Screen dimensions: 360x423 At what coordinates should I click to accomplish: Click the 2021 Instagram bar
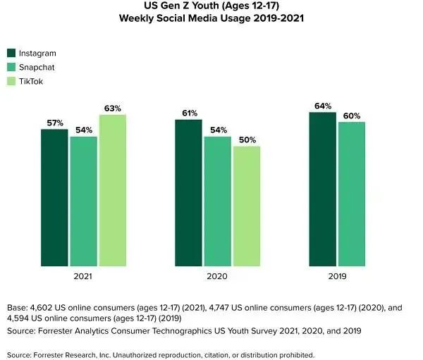coord(54,198)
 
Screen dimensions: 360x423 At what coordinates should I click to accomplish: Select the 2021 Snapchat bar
coord(83,201)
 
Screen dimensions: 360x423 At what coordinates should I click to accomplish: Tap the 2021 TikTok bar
coord(113,190)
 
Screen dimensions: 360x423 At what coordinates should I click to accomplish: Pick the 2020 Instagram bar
coord(189,193)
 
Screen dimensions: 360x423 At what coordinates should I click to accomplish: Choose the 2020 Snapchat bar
coord(218,201)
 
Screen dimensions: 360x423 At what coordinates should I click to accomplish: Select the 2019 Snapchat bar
coord(352,194)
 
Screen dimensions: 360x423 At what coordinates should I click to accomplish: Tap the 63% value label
coord(113,108)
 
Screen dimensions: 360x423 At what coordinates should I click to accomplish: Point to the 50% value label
coord(247,140)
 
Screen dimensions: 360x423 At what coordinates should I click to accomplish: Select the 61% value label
coord(189,113)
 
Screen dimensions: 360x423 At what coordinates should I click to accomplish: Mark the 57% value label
coord(55,123)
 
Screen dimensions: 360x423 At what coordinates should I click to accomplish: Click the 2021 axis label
coord(83,278)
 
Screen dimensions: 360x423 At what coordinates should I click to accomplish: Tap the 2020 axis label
coord(218,278)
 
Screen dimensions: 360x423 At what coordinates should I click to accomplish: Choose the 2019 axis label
coord(337,278)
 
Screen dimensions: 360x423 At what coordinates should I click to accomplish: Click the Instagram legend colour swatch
coord(11,54)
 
